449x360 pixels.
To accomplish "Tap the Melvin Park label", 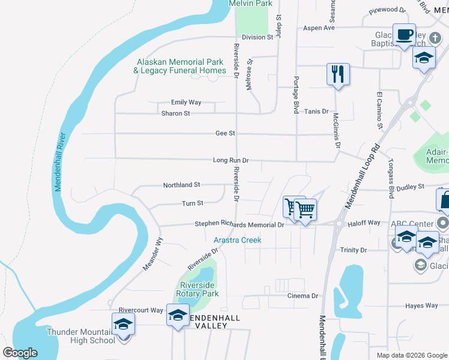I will [251, 4].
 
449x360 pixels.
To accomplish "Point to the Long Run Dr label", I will [231, 161].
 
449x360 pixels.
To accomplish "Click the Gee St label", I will [225, 133].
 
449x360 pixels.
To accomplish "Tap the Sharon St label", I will [175, 113].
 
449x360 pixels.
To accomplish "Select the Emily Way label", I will [186, 103].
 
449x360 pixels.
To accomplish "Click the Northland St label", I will [181, 185].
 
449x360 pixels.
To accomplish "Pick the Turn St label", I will [193, 203].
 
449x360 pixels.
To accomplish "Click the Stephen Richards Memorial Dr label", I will [239, 225].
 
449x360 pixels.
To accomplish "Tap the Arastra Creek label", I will [237, 240].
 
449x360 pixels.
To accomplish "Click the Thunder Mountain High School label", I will [81, 336].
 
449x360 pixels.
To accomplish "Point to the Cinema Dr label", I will [303, 296].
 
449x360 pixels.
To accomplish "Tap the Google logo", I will [20, 352].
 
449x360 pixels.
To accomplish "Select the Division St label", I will [258, 37].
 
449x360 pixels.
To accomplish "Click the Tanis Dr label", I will [316, 111].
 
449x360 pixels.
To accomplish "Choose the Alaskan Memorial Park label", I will [180, 66].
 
